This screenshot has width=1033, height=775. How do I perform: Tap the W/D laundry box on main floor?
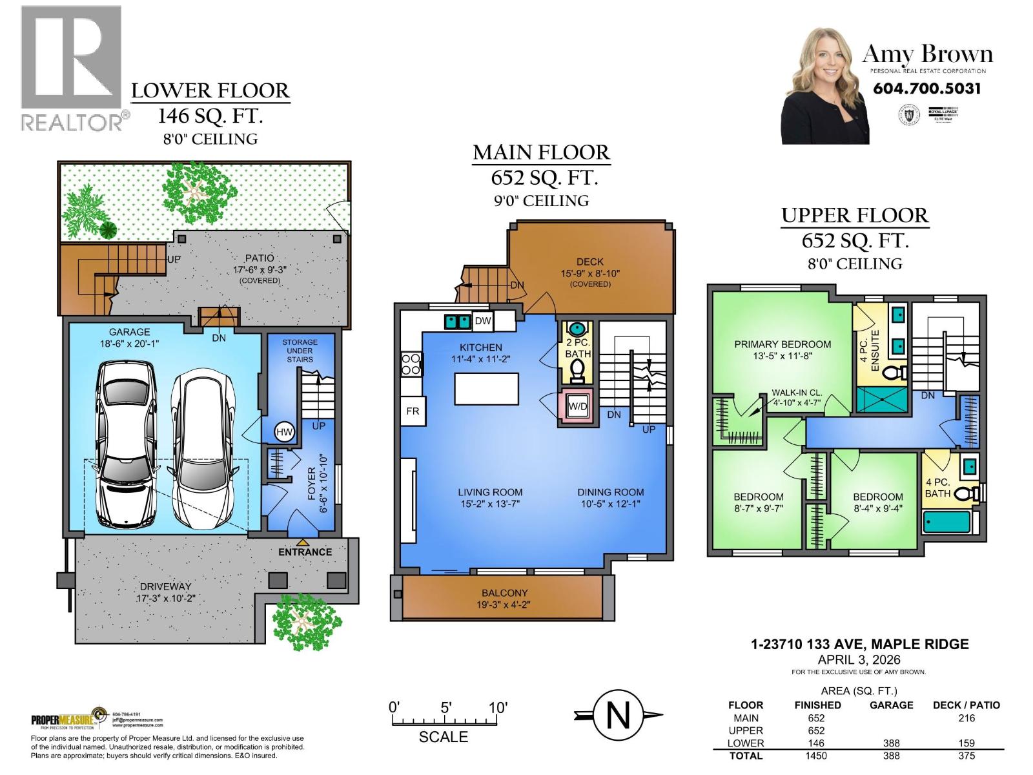point(577,406)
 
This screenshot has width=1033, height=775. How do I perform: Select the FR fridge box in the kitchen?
point(413,411)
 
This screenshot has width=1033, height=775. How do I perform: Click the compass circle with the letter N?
point(618,716)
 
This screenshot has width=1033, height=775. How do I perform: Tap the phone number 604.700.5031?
point(926,88)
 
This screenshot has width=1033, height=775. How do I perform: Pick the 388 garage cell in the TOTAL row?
point(891,756)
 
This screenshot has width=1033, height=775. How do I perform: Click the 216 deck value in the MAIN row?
point(966,718)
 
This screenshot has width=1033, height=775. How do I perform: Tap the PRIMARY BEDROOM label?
point(782,344)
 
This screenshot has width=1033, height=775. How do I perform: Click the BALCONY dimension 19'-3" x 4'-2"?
point(505,605)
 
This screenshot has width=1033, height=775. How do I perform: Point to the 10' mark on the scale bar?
point(498,707)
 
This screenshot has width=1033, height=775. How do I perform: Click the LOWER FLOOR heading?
point(210,90)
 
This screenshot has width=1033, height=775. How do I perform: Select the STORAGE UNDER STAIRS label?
point(300,350)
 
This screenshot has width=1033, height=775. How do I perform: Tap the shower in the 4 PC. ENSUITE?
point(882,400)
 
